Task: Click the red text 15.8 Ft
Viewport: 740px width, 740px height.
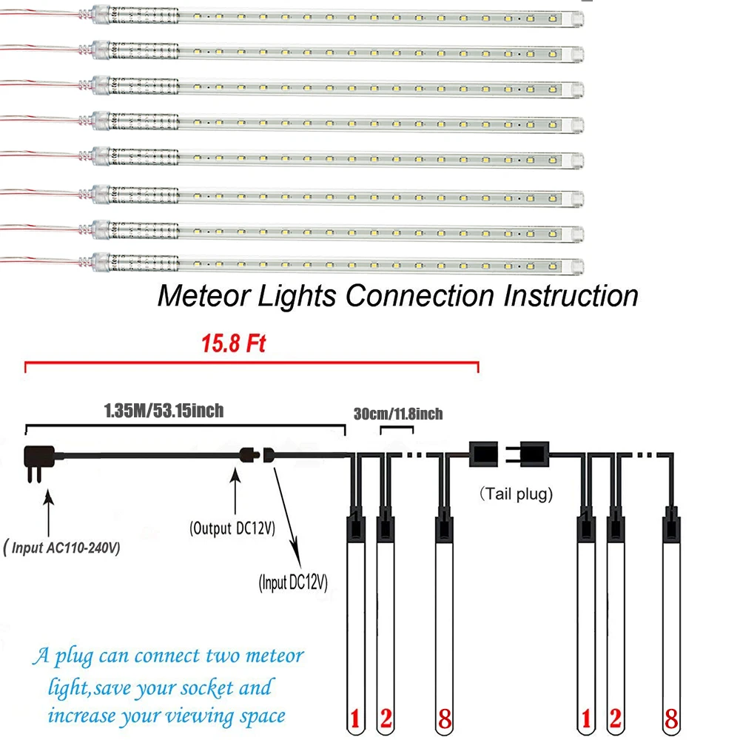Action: pos(234,343)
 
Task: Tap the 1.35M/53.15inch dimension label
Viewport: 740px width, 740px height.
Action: pos(164,411)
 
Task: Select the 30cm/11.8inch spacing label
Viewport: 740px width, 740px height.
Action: pos(398,414)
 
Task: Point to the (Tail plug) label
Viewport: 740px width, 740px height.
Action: pos(516,494)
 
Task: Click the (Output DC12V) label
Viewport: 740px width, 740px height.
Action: pos(232,528)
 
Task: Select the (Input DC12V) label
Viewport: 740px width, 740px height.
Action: pos(293,582)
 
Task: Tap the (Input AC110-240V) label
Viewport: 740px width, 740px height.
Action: pos(61,548)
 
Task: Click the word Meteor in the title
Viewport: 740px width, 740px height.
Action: pos(204,296)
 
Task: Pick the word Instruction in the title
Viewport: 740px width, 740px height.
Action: pos(571,296)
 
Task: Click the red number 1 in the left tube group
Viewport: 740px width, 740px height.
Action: pos(355,719)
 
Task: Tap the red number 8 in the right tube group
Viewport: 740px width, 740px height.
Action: pos(671,719)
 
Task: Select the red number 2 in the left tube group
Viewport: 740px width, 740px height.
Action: pos(386,719)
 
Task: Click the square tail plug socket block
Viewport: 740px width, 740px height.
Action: pos(483,454)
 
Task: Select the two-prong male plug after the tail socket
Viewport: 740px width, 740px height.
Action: pos(528,454)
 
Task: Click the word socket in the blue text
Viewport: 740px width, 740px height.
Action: pos(208,687)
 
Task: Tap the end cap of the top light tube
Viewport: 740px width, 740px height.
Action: pos(577,19)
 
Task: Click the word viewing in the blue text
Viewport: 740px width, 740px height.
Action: pos(200,717)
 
